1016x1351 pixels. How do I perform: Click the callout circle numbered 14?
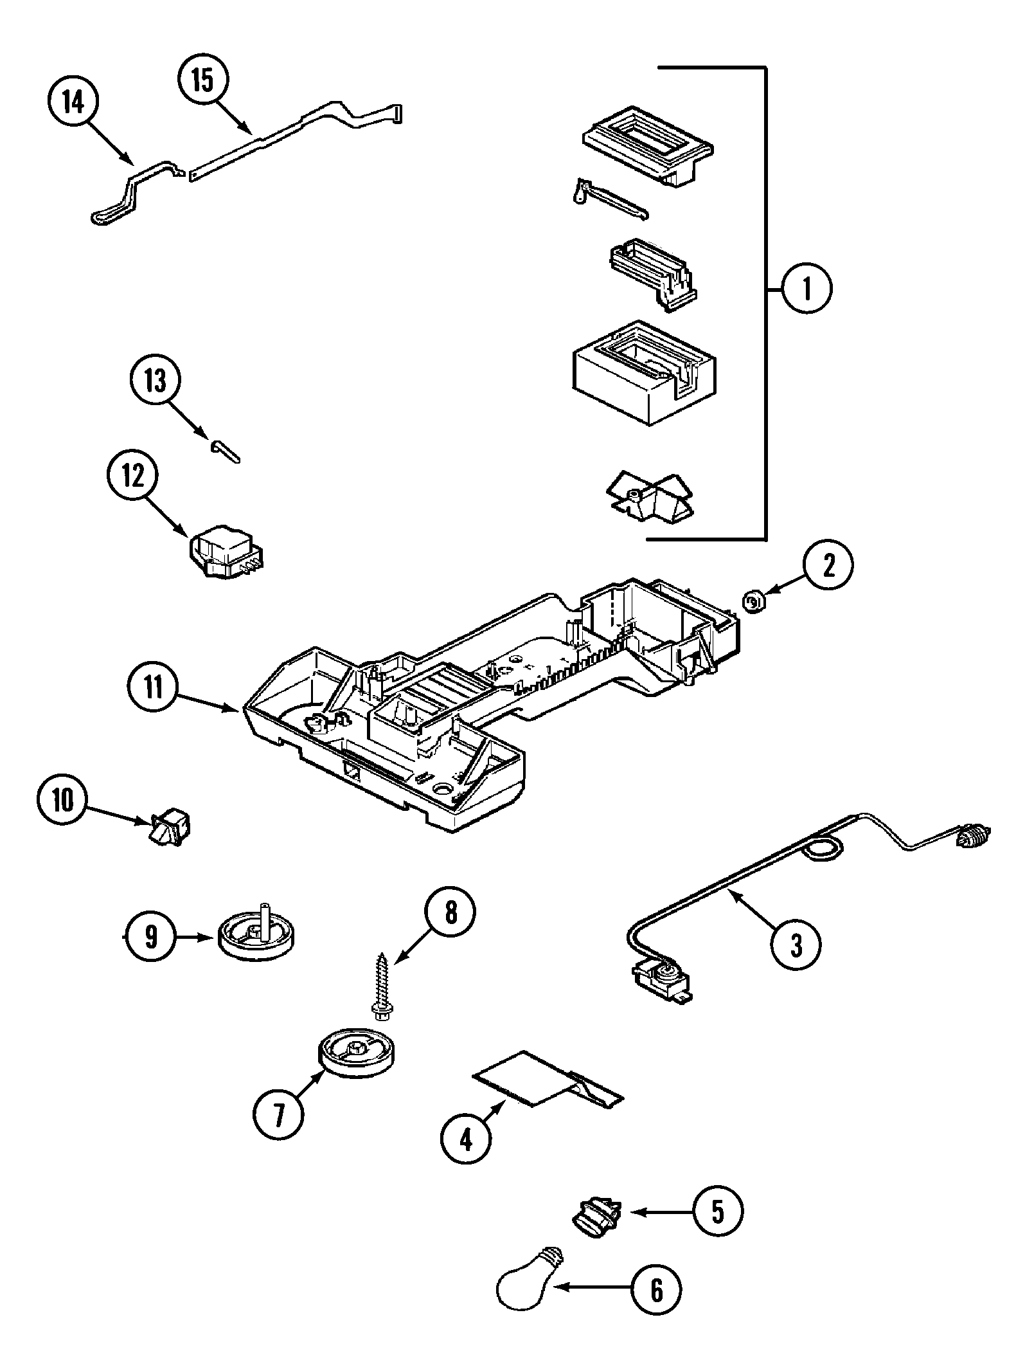click(73, 102)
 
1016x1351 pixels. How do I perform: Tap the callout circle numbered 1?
click(807, 289)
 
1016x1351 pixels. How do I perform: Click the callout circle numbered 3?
click(796, 945)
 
